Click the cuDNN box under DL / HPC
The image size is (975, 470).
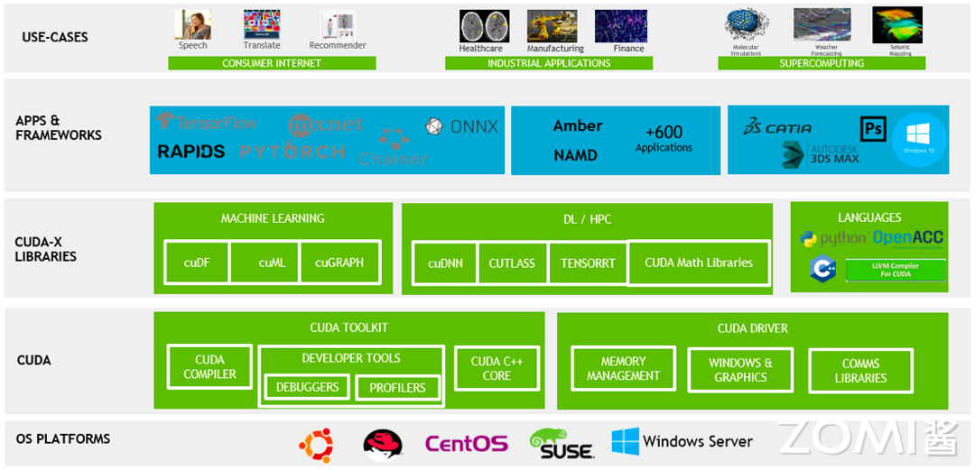(444, 263)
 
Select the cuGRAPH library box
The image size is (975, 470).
(339, 263)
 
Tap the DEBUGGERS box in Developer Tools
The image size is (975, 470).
(307, 387)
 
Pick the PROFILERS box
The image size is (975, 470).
(397, 388)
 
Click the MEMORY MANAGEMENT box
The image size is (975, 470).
(623, 369)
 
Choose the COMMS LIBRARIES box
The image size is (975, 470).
(860, 371)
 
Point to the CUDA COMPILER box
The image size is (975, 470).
(209, 367)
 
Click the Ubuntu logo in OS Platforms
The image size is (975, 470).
(317, 445)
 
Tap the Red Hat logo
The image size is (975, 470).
(383, 445)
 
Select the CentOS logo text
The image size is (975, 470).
(466, 444)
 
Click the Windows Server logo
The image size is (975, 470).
(682, 442)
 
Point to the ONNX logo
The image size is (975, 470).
(462, 127)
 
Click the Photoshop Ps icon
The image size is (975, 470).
(873, 129)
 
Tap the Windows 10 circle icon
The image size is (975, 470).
(919, 140)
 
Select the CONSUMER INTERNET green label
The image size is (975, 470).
(271, 63)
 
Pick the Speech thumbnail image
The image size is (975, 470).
(192, 24)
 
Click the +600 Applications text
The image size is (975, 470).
(664, 139)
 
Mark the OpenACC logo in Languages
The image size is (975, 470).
(907, 238)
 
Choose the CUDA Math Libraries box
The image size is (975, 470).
(699, 263)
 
